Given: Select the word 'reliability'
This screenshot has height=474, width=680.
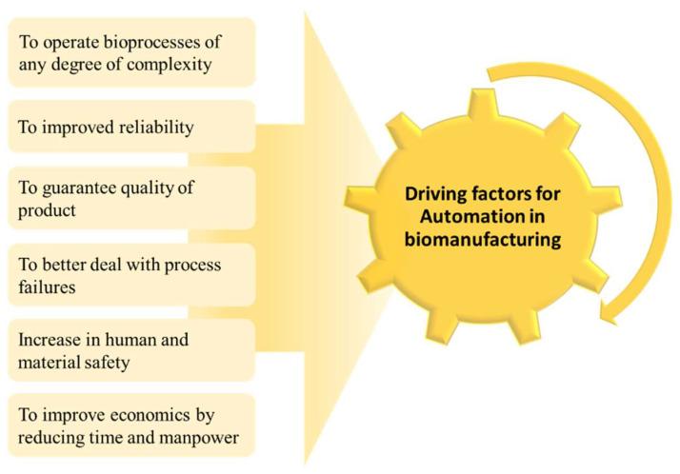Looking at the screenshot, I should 147,128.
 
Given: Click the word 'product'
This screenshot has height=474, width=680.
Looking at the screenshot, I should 48,210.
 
